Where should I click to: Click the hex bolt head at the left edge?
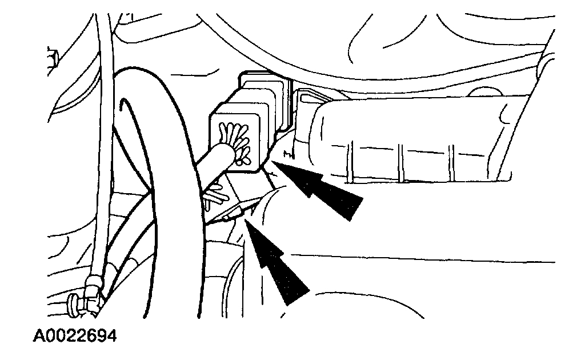click(x=53, y=57)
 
